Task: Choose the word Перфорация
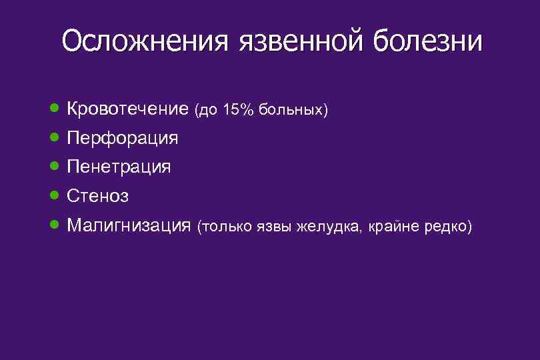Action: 123,138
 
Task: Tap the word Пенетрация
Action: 119,167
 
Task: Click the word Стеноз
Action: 98,196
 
